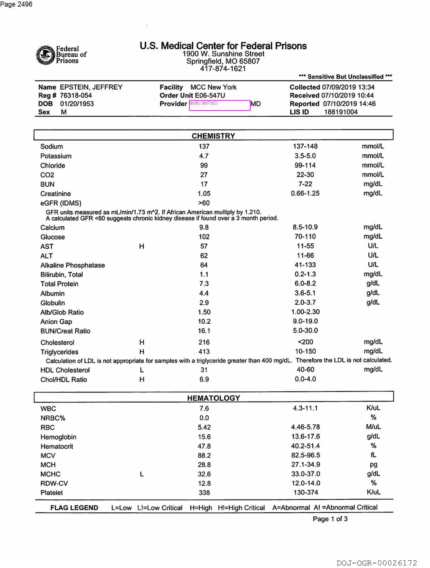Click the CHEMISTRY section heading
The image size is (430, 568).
click(x=213, y=136)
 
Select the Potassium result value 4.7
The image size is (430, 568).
click(x=204, y=156)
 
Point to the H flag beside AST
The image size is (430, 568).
click(x=142, y=246)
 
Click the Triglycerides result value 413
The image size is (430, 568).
click(x=204, y=352)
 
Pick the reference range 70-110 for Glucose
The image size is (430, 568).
click(x=305, y=237)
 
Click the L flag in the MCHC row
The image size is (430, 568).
click(x=142, y=474)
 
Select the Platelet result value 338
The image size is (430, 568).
click(x=204, y=492)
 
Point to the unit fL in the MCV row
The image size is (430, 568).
click(x=373, y=455)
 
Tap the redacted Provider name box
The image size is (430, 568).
click(x=220, y=105)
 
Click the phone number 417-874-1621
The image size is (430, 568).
click(x=223, y=68)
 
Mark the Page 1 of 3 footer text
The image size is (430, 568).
click(x=330, y=519)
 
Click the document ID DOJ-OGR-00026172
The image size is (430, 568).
click(x=377, y=563)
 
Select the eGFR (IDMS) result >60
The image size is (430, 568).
click(x=204, y=203)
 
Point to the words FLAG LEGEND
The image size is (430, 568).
click(x=74, y=508)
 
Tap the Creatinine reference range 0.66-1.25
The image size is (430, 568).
click(x=305, y=193)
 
